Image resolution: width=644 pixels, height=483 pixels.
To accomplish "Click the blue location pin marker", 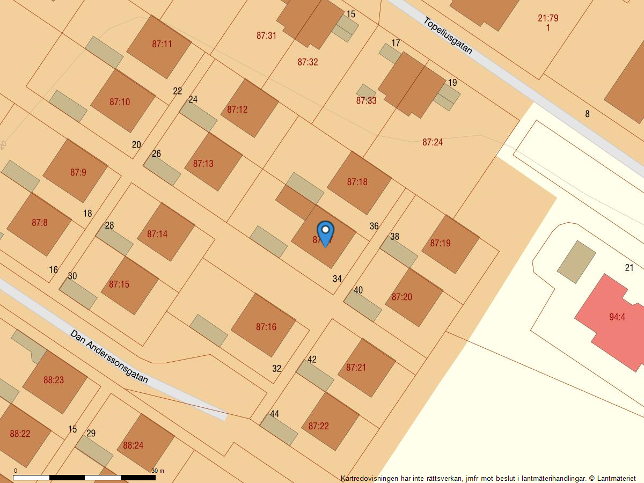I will click(325, 233).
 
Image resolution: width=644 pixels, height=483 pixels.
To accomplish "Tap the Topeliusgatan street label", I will click(448, 36).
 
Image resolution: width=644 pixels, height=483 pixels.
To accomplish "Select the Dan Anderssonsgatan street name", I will click(109, 356).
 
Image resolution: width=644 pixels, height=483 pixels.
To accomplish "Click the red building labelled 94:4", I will click(617, 317).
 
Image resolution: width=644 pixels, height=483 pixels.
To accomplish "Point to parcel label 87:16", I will click(266, 327).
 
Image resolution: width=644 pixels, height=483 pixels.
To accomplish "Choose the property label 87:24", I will click(433, 142).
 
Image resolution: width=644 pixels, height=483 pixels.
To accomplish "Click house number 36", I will click(374, 226).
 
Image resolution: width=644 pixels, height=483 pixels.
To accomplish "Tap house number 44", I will click(274, 414).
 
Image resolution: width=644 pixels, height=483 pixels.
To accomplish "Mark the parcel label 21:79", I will click(548, 18).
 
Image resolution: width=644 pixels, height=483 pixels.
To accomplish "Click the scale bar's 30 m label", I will click(158, 471).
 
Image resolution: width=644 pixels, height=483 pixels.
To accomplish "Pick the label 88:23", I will click(54, 380).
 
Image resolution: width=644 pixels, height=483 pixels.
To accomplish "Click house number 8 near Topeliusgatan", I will click(587, 114).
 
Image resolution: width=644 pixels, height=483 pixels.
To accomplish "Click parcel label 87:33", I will click(366, 100).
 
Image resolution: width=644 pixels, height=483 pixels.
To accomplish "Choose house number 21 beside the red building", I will click(630, 268).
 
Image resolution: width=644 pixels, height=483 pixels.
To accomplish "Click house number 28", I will click(109, 225).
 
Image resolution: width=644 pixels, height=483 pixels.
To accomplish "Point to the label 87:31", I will click(266, 36).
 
